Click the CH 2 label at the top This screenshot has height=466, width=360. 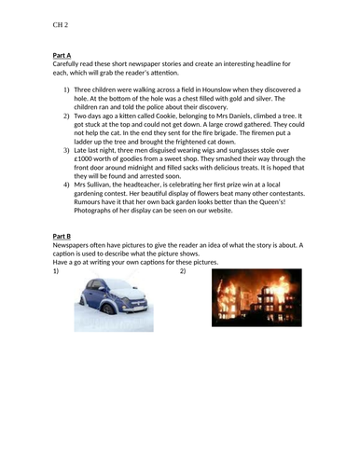click(61, 27)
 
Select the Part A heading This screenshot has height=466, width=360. click(64, 56)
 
